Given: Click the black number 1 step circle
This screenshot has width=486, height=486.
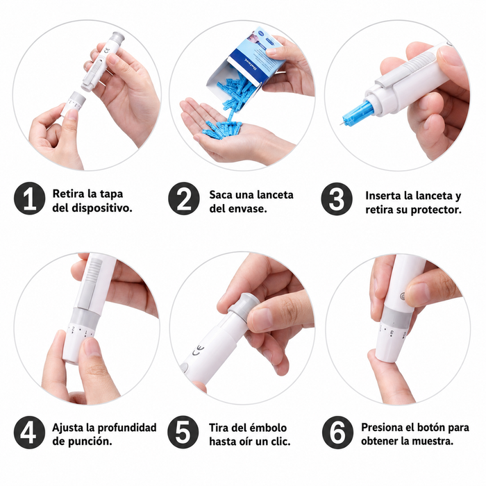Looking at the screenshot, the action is (x=29, y=199).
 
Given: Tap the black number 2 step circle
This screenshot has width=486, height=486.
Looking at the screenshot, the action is (x=184, y=199).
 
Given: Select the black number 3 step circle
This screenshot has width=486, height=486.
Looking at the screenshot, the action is (x=337, y=199).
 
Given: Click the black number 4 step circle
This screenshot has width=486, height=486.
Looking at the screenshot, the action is (x=29, y=432).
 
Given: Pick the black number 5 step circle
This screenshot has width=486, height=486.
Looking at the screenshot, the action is (x=183, y=432).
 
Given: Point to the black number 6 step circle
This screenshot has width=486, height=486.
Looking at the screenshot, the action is (x=337, y=432).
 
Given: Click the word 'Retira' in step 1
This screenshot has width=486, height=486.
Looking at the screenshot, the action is (x=69, y=194).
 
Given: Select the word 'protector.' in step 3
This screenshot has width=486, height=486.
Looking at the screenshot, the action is (x=436, y=210).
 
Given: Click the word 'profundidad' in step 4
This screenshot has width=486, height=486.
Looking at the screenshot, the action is (x=127, y=428).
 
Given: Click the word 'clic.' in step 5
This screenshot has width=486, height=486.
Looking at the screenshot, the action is (x=279, y=441).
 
